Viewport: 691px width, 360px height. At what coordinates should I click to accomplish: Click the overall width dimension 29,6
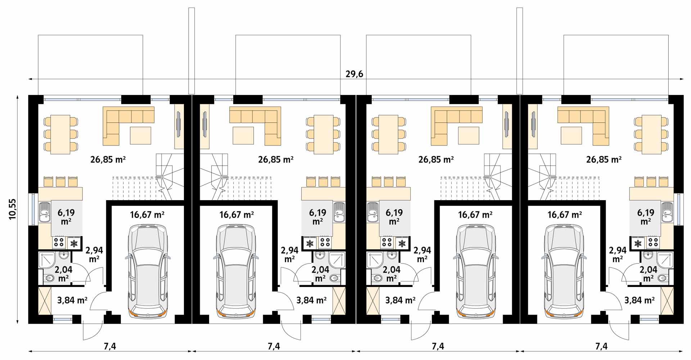[x=354, y=74]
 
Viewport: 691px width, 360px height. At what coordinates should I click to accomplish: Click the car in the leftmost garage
[x=148, y=271]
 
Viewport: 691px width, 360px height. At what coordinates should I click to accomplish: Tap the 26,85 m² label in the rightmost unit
[x=604, y=159]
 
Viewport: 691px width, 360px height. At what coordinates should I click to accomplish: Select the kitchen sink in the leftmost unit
[x=45, y=213]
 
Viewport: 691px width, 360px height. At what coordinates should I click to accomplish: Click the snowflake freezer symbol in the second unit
[x=309, y=244]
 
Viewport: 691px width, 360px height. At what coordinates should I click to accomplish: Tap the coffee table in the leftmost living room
[x=141, y=135]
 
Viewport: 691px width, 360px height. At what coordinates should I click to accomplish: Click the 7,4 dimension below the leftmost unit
[x=110, y=346]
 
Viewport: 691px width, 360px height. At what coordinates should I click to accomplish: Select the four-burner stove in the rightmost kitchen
[x=653, y=243]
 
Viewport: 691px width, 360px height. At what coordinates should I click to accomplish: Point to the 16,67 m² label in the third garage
[x=475, y=215]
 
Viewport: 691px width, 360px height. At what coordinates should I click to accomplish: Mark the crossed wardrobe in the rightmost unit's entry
[x=667, y=301]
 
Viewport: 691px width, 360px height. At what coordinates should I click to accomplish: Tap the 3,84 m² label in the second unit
[x=311, y=300]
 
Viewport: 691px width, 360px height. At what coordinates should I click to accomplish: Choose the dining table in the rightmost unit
[x=651, y=135]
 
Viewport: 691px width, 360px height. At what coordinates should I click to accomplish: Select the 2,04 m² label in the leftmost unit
[x=64, y=274]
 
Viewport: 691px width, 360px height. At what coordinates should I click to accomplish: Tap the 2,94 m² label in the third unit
[x=422, y=254]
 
